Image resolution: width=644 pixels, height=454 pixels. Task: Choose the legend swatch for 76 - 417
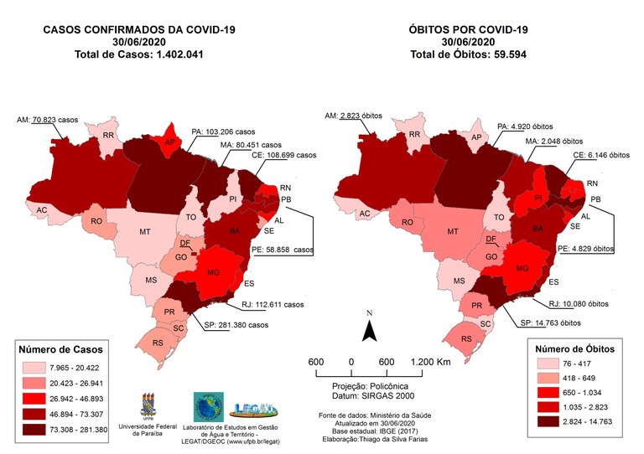[x=541, y=364]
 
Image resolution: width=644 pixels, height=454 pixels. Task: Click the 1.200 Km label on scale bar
[x=431, y=361]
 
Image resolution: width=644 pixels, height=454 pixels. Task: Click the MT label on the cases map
[x=145, y=230]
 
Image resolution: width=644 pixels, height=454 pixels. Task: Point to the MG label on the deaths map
[x=522, y=268]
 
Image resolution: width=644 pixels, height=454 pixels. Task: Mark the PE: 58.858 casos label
[x=273, y=250]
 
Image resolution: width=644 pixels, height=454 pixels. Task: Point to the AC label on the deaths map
[x=365, y=214]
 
